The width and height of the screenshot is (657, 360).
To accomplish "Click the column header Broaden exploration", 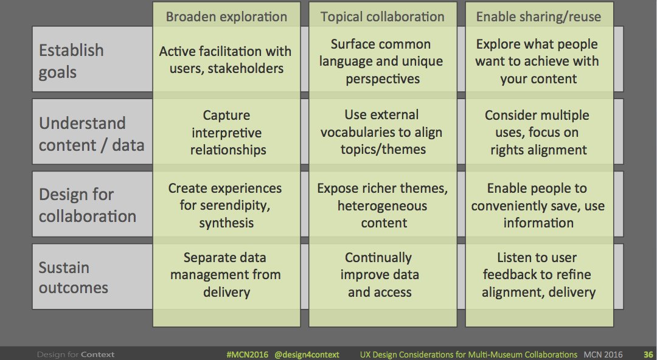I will pyautogui.click(x=226, y=16).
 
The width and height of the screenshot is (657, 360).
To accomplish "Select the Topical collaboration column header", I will pyautogui.click(x=383, y=16).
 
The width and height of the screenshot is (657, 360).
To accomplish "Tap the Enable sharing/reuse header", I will pyautogui.click(x=538, y=16).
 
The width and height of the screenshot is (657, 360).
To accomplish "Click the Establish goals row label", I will pyautogui.click(x=71, y=61).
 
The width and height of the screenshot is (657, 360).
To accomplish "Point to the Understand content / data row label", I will pyautogui.click(x=91, y=134).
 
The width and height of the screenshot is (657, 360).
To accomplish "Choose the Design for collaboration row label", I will pyautogui.click(x=87, y=206).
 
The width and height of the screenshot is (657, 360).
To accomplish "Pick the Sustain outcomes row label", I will pyautogui.click(x=73, y=277).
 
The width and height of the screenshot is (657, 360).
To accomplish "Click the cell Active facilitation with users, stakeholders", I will pyautogui.click(x=226, y=60).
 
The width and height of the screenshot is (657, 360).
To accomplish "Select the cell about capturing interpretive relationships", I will pyautogui.click(x=226, y=132).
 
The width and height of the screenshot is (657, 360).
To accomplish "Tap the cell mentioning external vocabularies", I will pyautogui.click(x=381, y=132).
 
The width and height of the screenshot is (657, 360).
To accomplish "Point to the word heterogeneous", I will pyautogui.click(x=382, y=206).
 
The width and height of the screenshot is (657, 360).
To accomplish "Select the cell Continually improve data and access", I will pyautogui.click(x=380, y=275).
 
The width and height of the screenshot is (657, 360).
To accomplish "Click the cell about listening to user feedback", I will pyautogui.click(x=538, y=275).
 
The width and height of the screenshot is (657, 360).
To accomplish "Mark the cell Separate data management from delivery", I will pyautogui.click(x=226, y=275).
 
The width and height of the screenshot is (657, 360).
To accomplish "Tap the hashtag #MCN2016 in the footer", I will pyautogui.click(x=246, y=355).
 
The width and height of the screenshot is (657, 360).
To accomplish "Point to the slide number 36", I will pyautogui.click(x=648, y=355).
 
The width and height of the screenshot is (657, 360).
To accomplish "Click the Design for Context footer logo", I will pyautogui.click(x=75, y=355).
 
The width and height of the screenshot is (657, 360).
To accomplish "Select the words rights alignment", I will pyautogui.click(x=538, y=150).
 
